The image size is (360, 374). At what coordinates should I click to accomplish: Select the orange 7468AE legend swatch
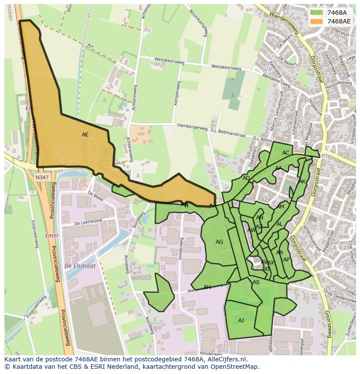pos(317,21)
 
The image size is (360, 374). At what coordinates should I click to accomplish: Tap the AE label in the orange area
pos(85,135)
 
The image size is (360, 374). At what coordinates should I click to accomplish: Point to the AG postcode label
pos(219,242)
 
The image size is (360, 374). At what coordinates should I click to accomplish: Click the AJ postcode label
pos(241,321)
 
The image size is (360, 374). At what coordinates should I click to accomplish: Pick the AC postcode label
pos(286,153)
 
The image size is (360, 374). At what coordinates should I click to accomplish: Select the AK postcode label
pos(302,182)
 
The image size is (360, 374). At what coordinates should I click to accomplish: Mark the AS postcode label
pos(256,282)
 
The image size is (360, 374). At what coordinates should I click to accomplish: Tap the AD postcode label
pos(246,178)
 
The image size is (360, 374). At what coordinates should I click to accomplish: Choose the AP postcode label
pos(286,260)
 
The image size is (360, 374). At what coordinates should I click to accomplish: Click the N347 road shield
pos(42,177)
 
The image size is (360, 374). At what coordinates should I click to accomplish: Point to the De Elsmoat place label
pos(80,266)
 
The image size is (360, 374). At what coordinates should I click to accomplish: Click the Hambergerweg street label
pos(193,126)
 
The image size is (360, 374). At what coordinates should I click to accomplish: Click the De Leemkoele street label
pos(88,222)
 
